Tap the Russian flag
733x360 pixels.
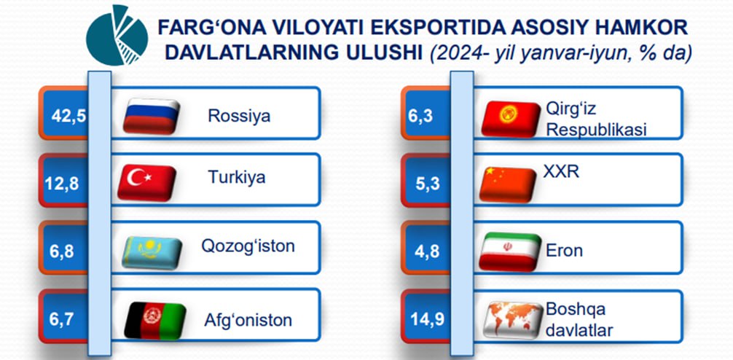(x=152, y=117)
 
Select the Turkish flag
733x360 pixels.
(x=146, y=182)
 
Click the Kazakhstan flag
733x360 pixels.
(x=152, y=252)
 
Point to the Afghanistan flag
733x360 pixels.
(x=155, y=321)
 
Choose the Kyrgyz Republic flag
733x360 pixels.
(x=511, y=120)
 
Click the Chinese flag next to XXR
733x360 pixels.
(x=508, y=184)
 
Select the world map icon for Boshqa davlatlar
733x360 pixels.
(x=513, y=320)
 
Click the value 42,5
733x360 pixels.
(x=68, y=116)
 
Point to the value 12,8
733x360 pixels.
(x=62, y=183)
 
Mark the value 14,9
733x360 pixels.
(x=427, y=321)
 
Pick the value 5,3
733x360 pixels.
(x=427, y=184)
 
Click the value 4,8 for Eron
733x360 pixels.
(x=427, y=251)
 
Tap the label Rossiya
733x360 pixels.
(x=239, y=115)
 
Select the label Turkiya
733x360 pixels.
(x=237, y=177)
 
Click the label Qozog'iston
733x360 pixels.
(x=248, y=246)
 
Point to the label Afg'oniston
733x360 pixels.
(x=248, y=320)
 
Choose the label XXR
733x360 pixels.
(x=561, y=172)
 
